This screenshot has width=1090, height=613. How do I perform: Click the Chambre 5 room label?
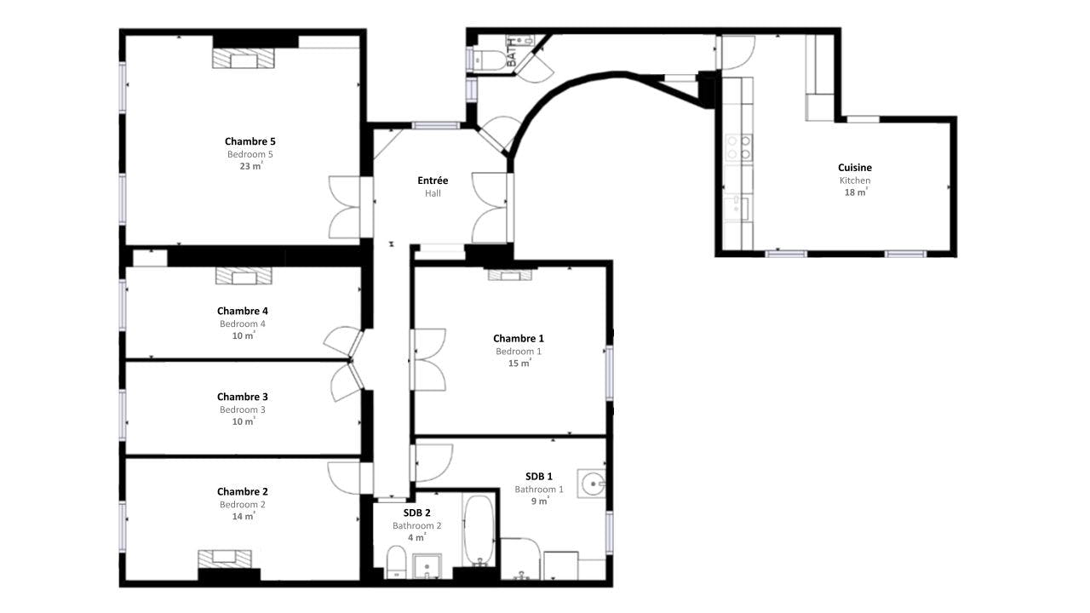coord(250,141)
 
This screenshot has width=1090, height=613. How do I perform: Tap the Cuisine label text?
coord(854,168)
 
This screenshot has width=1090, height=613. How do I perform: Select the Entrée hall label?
coord(433,180)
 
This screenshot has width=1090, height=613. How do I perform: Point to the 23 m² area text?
coord(250,166)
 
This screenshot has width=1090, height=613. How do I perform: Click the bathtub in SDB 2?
coord(479,530)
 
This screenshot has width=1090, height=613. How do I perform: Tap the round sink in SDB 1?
coord(592,484)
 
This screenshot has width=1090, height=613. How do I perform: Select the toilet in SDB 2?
coord(397,562)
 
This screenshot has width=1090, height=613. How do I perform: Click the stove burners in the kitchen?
coord(738,148)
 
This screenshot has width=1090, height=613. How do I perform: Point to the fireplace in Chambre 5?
coord(244,58)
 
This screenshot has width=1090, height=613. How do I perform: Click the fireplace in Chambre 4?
coord(244,276)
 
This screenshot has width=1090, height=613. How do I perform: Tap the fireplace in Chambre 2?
coord(225,559)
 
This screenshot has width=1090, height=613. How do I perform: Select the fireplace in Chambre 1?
coord(510,275)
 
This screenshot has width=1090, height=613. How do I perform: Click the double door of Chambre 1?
coord(428,359)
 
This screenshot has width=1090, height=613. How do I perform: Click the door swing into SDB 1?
coord(433,462)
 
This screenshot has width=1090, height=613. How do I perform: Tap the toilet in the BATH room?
coord(490,60)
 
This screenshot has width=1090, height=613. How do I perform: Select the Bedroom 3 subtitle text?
coord(243,410)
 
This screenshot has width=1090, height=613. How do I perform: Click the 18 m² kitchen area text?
coord(856,192)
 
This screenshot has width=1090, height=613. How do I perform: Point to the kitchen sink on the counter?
coord(736,208)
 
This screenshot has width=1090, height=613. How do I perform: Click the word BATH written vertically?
coord(512,53)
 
